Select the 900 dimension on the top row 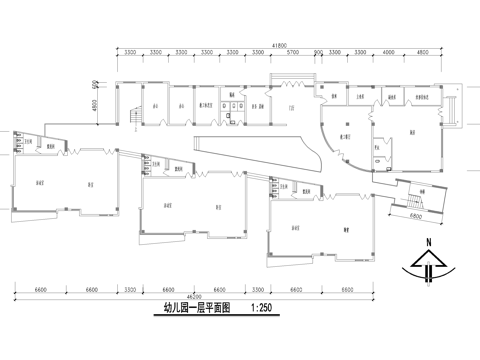pos(318,53)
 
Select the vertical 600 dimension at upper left pos(95,83)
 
